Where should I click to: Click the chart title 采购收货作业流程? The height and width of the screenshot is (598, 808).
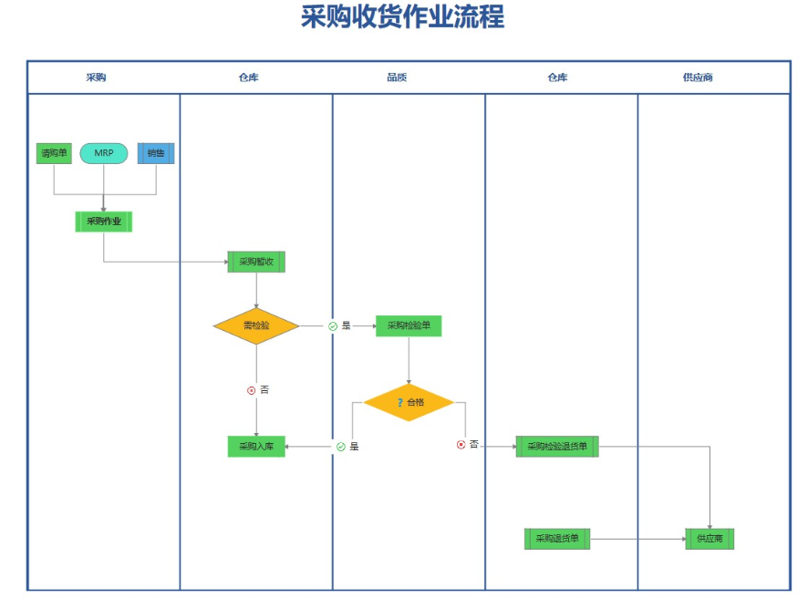(402, 16)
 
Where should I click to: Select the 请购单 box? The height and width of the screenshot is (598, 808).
(54, 153)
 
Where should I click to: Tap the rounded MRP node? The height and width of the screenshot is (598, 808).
(104, 153)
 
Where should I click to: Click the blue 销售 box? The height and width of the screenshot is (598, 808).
(156, 153)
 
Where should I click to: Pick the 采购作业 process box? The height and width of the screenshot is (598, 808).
(104, 222)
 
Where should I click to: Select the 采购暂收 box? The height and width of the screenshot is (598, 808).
(256, 262)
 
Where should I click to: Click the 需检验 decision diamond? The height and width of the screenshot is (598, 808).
(256, 326)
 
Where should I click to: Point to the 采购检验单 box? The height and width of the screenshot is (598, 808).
(409, 326)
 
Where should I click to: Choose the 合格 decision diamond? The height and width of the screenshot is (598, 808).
(409, 402)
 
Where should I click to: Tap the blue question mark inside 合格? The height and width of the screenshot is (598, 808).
(399, 402)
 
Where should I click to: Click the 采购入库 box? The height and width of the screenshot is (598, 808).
(256, 447)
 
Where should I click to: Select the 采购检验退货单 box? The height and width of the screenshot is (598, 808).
(557, 447)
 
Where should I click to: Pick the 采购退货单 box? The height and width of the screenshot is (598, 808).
(557, 539)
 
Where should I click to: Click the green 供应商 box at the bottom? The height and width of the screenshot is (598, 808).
(710, 539)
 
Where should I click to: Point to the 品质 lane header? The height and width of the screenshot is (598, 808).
(397, 77)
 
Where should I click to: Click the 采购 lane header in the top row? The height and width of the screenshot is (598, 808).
(96, 77)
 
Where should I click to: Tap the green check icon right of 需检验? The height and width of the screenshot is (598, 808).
(333, 326)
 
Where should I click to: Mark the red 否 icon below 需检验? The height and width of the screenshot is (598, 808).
(251, 390)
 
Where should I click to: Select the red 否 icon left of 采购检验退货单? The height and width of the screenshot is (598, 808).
(461, 445)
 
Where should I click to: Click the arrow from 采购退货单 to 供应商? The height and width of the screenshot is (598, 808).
(638, 539)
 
